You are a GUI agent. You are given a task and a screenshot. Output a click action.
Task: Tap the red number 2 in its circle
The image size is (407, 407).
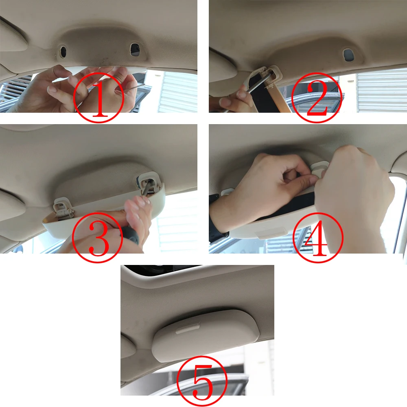(317, 96)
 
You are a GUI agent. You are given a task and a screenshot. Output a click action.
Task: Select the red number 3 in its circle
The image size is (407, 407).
(98, 238)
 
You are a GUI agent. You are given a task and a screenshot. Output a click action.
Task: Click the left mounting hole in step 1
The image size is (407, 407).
(63, 51)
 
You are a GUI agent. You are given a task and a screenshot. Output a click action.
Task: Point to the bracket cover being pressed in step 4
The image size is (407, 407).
(319, 167)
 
